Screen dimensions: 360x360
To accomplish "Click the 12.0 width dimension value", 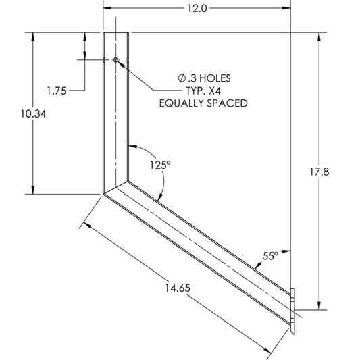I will tap(196, 9).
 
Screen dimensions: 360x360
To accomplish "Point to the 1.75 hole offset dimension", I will tap(57, 90).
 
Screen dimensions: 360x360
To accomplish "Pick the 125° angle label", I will tap(160, 164).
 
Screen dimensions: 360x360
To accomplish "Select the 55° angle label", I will tap(270, 256).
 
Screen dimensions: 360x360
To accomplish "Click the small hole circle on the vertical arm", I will tap(116, 61).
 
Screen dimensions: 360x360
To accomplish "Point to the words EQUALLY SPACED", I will tap(203, 103).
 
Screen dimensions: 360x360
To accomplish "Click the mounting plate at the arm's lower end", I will tap(293, 311).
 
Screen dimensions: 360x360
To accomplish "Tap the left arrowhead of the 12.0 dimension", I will tap(107, 9).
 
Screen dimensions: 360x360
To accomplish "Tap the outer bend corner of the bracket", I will tap(103, 194).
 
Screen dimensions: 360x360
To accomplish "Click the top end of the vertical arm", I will tap(115, 32).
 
